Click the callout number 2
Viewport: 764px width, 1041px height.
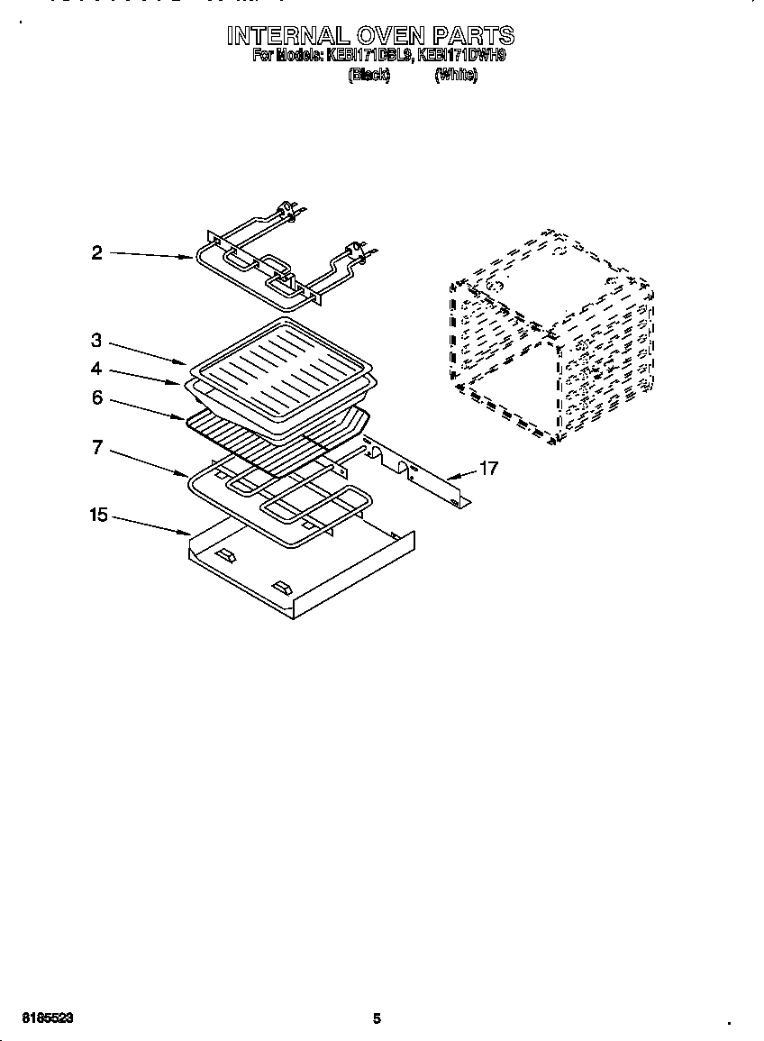click(97, 253)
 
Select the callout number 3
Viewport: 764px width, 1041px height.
click(97, 341)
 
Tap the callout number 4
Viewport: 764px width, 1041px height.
click(97, 370)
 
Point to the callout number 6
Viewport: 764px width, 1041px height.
click(97, 397)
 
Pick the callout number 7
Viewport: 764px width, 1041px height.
click(97, 448)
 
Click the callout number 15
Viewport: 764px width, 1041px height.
click(98, 516)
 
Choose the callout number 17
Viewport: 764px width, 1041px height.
click(487, 469)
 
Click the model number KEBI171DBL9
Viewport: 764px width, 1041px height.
click(372, 56)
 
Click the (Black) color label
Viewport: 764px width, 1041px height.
click(368, 76)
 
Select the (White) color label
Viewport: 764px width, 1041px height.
click(456, 76)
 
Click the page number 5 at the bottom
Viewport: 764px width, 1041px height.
click(377, 1019)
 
